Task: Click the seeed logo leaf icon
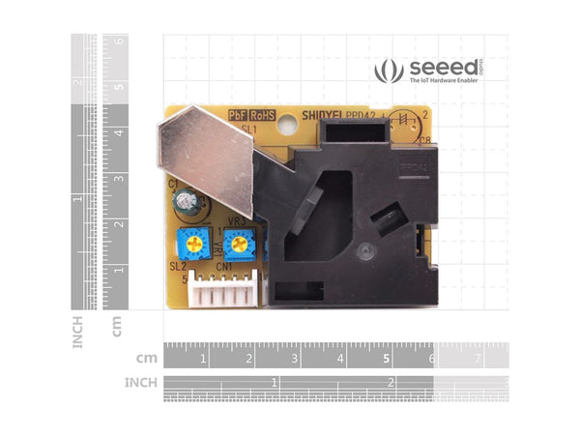(x=389, y=70)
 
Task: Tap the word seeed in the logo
(x=441, y=68)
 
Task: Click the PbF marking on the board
(x=239, y=114)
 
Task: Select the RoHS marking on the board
(x=263, y=114)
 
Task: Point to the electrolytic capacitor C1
(x=185, y=201)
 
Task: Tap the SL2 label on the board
(x=178, y=266)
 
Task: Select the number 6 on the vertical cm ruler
(x=119, y=42)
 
